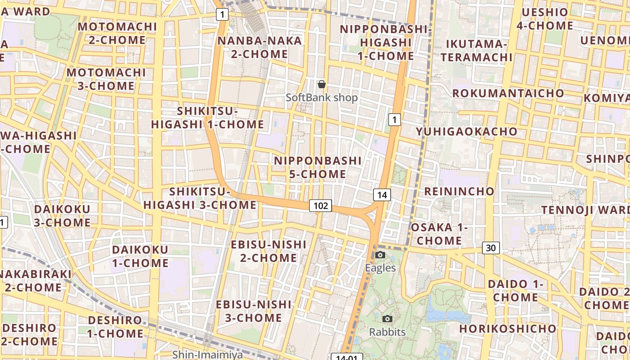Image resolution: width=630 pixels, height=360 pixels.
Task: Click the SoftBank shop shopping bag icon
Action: pyautogui.click(x=322, y=84)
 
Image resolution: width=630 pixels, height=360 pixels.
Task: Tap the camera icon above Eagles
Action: pyautogui.click(x=380, y=255)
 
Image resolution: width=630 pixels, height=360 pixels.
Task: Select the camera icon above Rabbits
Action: pyautogui.click(x=387, y=319)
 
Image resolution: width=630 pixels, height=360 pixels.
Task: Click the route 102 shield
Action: pyautogui.click(x=320, y=206)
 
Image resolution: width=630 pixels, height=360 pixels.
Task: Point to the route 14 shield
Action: pyautogui.click(x=382, y=195)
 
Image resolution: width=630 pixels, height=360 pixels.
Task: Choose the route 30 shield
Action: pyautogui.click(x=491, y=247)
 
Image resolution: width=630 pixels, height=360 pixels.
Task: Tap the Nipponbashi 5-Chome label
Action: pyautogui.click(x=318, y=167)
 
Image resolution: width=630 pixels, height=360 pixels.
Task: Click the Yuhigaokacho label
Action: pyautogui.click(x=467, y=131)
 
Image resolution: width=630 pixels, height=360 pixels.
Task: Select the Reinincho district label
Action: pyautogui.click(x=459, y=191)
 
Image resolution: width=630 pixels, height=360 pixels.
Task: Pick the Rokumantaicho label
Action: pyautogui.click(x=508, y=93)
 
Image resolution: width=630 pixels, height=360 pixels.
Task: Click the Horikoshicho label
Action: pyautogui.click(x=508, y=328)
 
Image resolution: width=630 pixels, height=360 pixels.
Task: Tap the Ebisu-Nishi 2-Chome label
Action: pyautogui.click(x=269, y=251)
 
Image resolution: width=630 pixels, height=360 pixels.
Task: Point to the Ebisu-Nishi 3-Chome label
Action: pyautogui.click(x=254, y=311)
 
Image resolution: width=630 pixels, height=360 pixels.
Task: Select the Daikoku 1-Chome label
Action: pyautogui.click(x=140, y=256)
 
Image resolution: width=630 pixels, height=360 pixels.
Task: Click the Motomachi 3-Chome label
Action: pyautogui.click(x=106, y=79)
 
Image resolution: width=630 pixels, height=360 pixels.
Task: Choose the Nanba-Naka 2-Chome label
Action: pyautogui.click(x=260, y=47)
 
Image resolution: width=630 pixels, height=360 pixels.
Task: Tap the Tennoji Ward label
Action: pyautogui.click(x=585, y=210)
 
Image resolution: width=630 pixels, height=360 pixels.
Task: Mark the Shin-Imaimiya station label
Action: pyautogui.click(x=207, y=355)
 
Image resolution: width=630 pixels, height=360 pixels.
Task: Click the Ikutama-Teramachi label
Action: pyautogui.click(x=477, y=50)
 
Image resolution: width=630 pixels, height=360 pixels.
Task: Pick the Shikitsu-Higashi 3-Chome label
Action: pyautogui.click(x=200, y=198)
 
